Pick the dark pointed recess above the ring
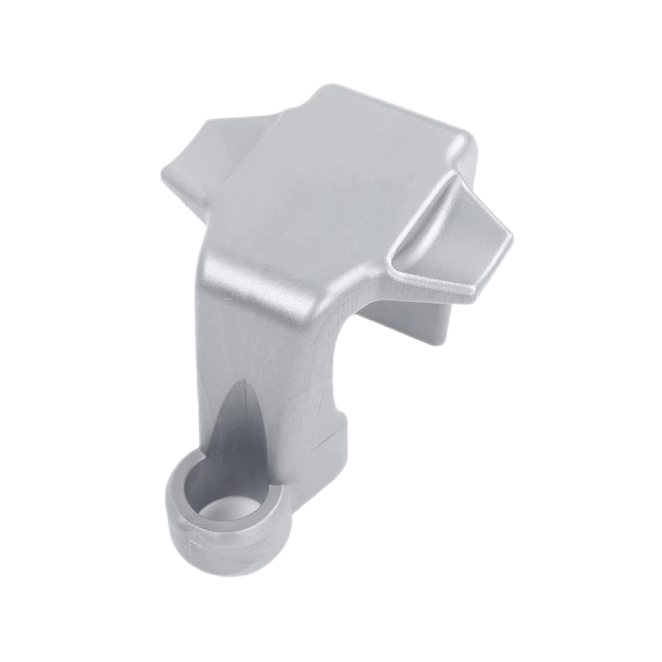[244, 422]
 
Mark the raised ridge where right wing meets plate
[422, 215]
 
